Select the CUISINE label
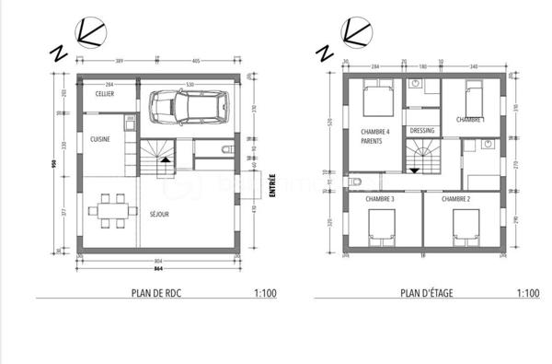101,138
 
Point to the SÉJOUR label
159,215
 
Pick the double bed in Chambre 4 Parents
377,99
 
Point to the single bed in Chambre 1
472,97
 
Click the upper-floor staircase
420,157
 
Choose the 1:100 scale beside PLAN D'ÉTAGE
527,294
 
